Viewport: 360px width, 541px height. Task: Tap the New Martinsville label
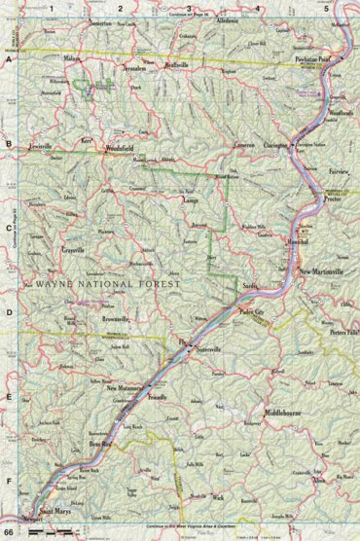point(321,271)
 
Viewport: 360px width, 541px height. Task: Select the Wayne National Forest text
point(107,288)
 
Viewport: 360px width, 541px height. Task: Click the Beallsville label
point(169,65)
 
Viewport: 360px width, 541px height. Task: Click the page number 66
point(9,534)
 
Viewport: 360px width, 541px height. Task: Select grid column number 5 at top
point(325,8)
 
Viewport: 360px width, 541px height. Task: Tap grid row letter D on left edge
point(8,313)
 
